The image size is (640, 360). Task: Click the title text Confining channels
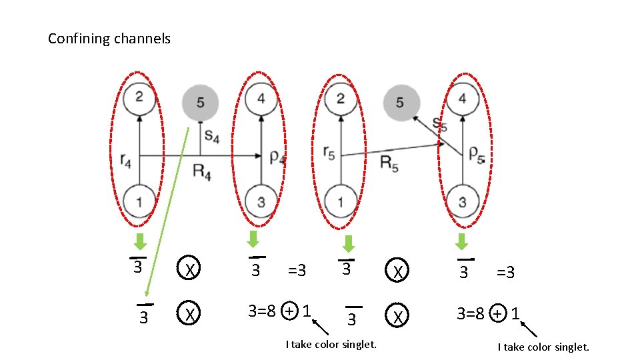109,39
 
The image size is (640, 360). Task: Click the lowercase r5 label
328,153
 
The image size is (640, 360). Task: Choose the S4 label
212,135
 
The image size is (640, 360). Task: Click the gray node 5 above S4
200,102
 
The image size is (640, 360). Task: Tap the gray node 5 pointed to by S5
400,102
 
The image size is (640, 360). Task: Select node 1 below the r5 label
340,201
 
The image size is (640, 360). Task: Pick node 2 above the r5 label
340,99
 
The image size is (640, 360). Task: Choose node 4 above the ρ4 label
261,99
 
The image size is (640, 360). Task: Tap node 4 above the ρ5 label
463,99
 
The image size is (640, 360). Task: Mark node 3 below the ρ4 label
261,201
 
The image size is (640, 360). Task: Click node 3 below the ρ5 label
463,201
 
